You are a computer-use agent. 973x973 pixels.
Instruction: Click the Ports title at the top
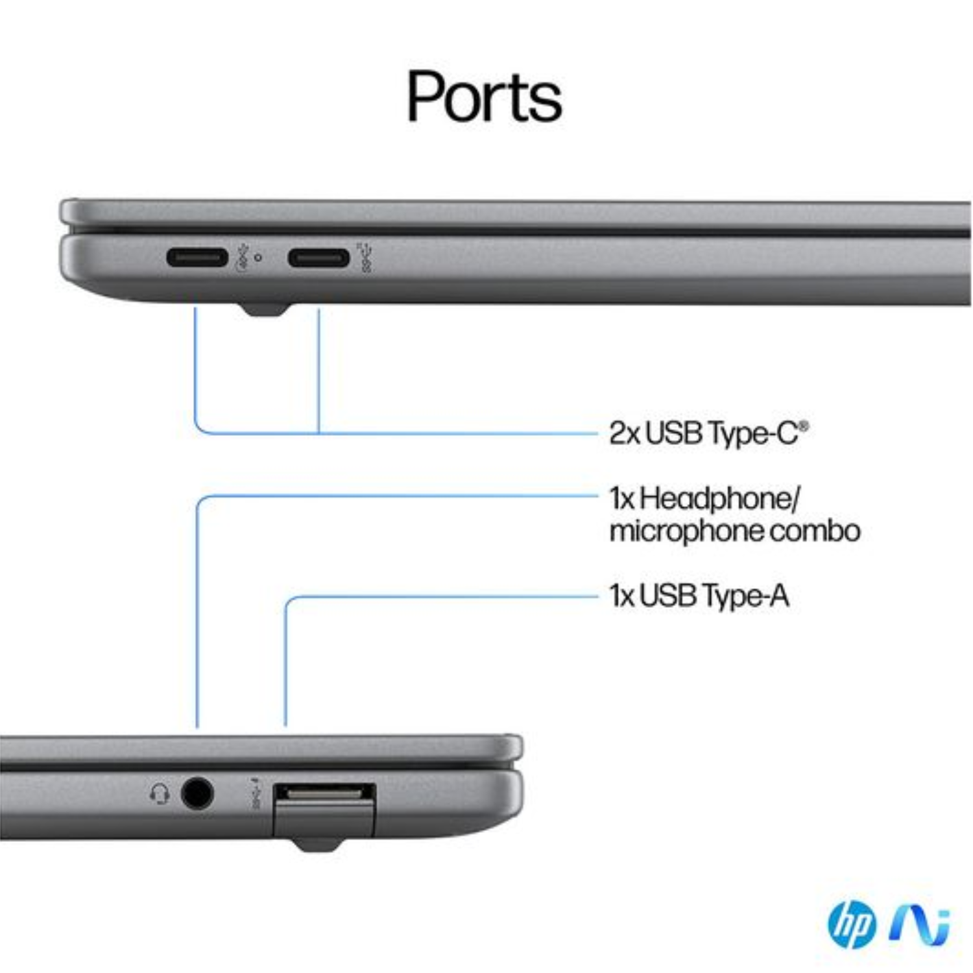pos(484,97)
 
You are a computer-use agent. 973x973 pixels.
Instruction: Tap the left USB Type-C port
pos(197,258)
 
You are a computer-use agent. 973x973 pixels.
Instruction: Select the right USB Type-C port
pos(318,258)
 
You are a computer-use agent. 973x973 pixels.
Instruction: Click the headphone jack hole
pos(197,793)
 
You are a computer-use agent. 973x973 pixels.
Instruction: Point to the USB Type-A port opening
pos(324,793)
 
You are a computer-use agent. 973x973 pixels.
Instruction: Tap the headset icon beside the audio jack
pos(160,793)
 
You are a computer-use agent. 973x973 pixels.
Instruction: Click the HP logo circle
pos(852,924)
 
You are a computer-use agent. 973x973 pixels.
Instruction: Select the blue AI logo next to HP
pos(920,924)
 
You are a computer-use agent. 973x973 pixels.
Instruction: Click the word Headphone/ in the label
pos(720,499)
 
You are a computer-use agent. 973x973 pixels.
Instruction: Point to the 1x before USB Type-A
pos(621,595)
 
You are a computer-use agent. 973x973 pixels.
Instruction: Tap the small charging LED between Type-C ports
pos(258,258)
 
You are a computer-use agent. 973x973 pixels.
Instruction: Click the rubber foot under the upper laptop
pos(265,309)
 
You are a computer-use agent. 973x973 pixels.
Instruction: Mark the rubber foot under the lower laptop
pos(316,844)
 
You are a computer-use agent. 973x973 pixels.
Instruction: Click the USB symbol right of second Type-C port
pos(365,257)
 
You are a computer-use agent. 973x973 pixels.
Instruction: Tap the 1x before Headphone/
pos(621,499)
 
